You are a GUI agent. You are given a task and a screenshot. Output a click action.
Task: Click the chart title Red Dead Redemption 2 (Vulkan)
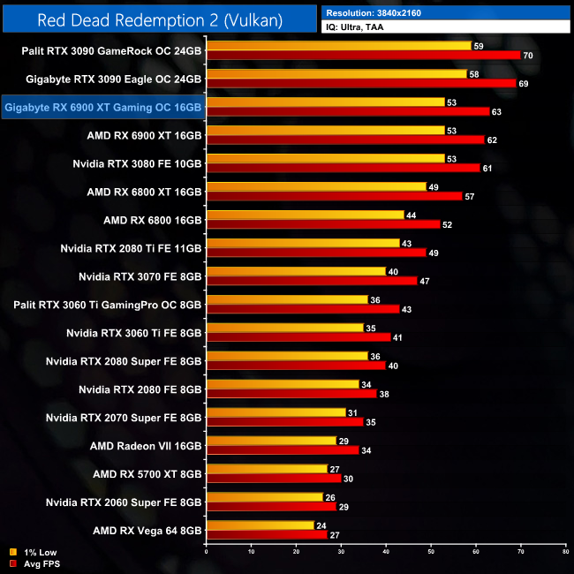[158, 19]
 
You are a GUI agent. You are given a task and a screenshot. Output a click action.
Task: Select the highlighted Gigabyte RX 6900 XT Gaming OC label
[103, 108]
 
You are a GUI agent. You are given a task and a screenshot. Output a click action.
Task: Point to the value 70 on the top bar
[528, 56]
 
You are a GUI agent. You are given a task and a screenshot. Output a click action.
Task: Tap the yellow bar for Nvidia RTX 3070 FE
[296, 271]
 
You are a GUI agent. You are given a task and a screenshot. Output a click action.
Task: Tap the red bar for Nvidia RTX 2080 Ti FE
[315, 253]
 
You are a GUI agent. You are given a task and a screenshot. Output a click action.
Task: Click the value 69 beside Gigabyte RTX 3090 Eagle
[523, 84]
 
